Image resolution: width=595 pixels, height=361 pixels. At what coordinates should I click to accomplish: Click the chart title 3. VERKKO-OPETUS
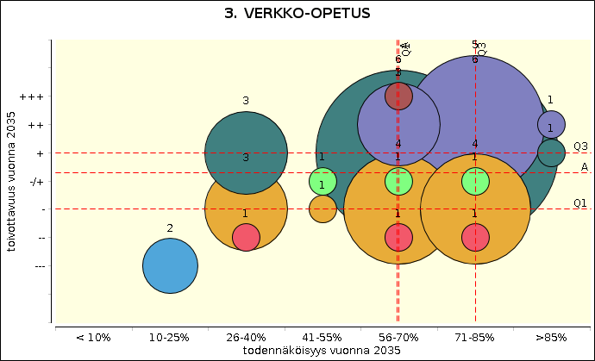point(297,14)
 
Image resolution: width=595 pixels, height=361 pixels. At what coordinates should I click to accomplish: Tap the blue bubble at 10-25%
point(170,265)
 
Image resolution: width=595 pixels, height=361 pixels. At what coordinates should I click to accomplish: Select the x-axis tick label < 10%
point(92,337)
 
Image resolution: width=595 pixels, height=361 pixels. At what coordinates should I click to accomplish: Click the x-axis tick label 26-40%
point(246,337)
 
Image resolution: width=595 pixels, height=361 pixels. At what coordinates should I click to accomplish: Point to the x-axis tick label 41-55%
point(322,337)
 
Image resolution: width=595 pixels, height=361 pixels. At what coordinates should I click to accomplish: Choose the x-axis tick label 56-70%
point(398,337)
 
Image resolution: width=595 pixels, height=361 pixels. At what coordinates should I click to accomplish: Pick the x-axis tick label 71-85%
point(475,337)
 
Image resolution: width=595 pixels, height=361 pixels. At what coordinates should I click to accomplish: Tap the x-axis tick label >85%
point(551,337)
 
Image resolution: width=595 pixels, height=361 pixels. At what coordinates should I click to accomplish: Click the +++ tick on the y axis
point(35,96)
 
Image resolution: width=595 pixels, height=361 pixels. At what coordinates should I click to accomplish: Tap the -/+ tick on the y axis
point(37,181)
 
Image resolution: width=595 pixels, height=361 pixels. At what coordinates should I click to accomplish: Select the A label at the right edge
point(584,166)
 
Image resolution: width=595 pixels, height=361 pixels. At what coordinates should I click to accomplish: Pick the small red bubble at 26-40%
point(246,237)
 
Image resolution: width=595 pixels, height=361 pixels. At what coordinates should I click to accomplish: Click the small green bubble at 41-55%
point(322,182)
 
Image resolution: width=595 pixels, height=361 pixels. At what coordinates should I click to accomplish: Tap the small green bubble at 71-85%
point(475,181)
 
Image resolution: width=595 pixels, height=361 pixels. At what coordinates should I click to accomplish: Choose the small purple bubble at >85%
point(551,124)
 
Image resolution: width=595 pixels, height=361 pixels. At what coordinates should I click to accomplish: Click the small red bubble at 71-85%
point(475,237)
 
